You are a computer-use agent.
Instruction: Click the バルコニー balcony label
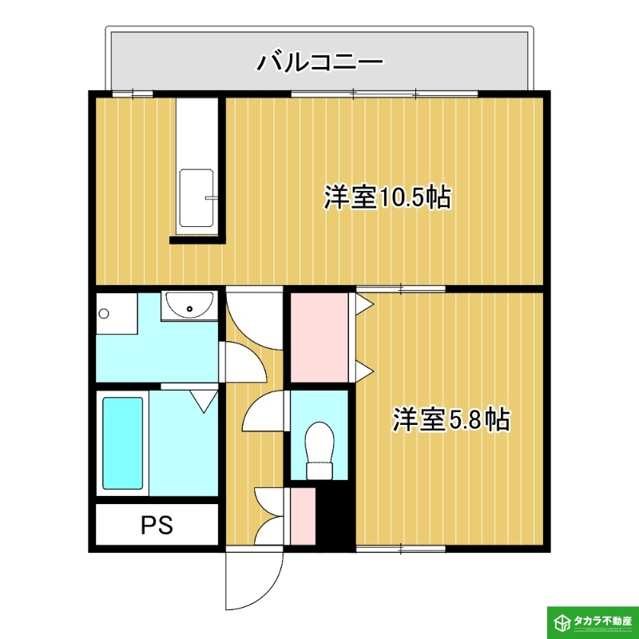click(x=319, y=62)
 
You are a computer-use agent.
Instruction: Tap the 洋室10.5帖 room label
click(x=387, y=196)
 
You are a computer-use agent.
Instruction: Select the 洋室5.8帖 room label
click(x=450, y=419)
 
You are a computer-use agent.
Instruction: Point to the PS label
click(x=157, y=526)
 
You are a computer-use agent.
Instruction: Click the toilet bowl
click(x=320, y=443)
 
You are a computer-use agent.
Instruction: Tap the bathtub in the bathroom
click(x=123, y=443)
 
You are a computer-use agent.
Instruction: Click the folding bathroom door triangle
click(x=205, y=399)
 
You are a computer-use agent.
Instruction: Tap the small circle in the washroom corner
click(x=103, y=313)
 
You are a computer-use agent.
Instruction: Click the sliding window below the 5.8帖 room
click(x=400, y=549)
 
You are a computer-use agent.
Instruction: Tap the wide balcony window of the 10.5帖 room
click(x=384, y=95)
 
